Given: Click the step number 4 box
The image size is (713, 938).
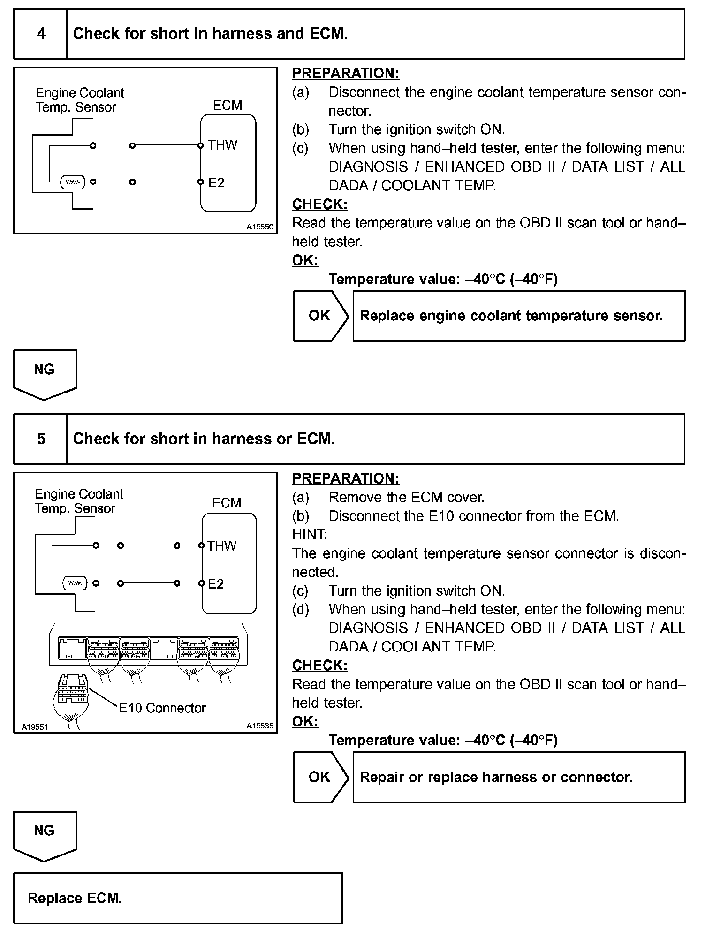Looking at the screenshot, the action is pyautogui.click(x=41, y=34).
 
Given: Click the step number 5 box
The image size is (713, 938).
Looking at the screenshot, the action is pyautogui.click(x=41, y=439).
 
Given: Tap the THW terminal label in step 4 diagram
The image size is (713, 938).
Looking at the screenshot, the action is pyautogui.click(x=223, y=145).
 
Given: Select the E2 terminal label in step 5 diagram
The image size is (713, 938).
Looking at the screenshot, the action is pyautogui.click(x=216, y=584).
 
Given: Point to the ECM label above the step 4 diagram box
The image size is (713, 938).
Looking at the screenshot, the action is pyautogui.click(x=228, y=105).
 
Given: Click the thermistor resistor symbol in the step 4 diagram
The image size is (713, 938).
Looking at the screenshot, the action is pyautogui.click(x=73, y=182).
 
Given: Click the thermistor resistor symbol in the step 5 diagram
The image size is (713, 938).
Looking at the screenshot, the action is pyautogui.click(x=75, y=583).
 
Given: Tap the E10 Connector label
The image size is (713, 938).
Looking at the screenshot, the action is pyautogui.click(x=162, y=708).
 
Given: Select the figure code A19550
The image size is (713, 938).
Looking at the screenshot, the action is pyautogui.click(x=260, y=227).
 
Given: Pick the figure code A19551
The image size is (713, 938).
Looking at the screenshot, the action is pyautogui.click(x=35, y=727).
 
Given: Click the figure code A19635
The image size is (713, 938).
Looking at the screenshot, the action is pyautogui.click(x=260, y=726).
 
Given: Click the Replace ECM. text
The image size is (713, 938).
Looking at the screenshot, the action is pyautogui.click(x=75, y=898).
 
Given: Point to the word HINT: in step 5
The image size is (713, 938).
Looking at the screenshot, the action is pyautogui.click(x=310, y=535).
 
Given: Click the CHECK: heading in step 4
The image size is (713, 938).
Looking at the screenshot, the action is pyautogui.click(x=320, y=204).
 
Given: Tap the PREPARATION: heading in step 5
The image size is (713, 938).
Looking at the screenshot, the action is pyautogui.click(x=346, y=478).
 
